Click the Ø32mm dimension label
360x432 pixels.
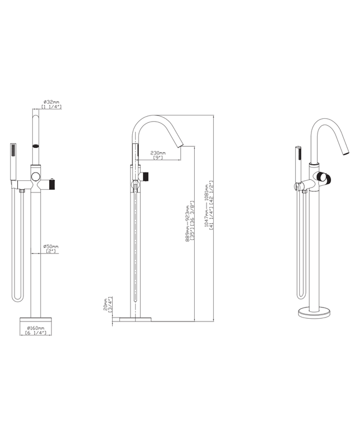click(x=52, y=102)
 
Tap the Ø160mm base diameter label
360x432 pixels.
click(x=36, y=328)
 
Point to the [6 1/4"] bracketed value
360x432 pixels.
click(x=36, y=333)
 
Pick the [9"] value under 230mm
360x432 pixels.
click(x=158, y=158)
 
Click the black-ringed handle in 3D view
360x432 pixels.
click(x=325, y=179)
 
